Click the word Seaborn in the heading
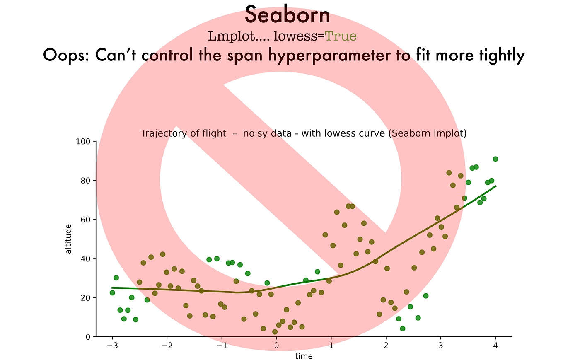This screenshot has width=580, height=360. point(288,16)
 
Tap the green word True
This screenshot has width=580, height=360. point(341,36)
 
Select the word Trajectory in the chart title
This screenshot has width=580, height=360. point(162,133)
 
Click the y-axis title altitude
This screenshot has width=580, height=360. point(69,239)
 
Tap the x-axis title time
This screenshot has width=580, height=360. point(304,356)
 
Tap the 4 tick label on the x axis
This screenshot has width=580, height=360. point(495,346)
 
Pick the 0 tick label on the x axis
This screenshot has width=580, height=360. point(276,346)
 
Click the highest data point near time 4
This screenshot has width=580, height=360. point(495,159)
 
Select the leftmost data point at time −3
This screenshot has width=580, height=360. point(112,292)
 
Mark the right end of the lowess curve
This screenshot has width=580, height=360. point(495,186)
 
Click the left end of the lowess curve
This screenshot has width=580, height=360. point(112,288)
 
